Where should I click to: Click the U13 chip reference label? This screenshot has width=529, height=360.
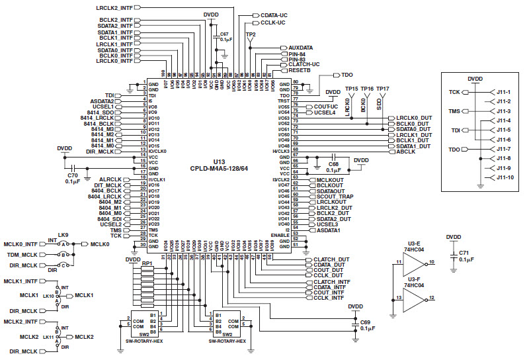218,161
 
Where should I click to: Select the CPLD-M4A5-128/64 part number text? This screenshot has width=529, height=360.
218,169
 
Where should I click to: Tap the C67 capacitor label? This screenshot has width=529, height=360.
225,33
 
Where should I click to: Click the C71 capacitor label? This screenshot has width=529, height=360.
463,253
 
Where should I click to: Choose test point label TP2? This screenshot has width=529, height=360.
251,34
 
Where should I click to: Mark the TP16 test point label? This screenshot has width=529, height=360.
367,89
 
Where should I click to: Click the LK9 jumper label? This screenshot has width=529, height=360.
63,235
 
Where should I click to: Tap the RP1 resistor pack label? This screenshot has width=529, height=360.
147,264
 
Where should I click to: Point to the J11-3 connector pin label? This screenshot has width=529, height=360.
503,111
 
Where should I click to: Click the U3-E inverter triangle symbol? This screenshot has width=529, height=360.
413,263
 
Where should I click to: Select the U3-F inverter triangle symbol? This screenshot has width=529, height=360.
413,298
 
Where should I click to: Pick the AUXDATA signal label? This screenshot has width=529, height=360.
301,48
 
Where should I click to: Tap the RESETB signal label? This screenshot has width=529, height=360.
300,69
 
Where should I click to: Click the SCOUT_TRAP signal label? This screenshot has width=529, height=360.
335,197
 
